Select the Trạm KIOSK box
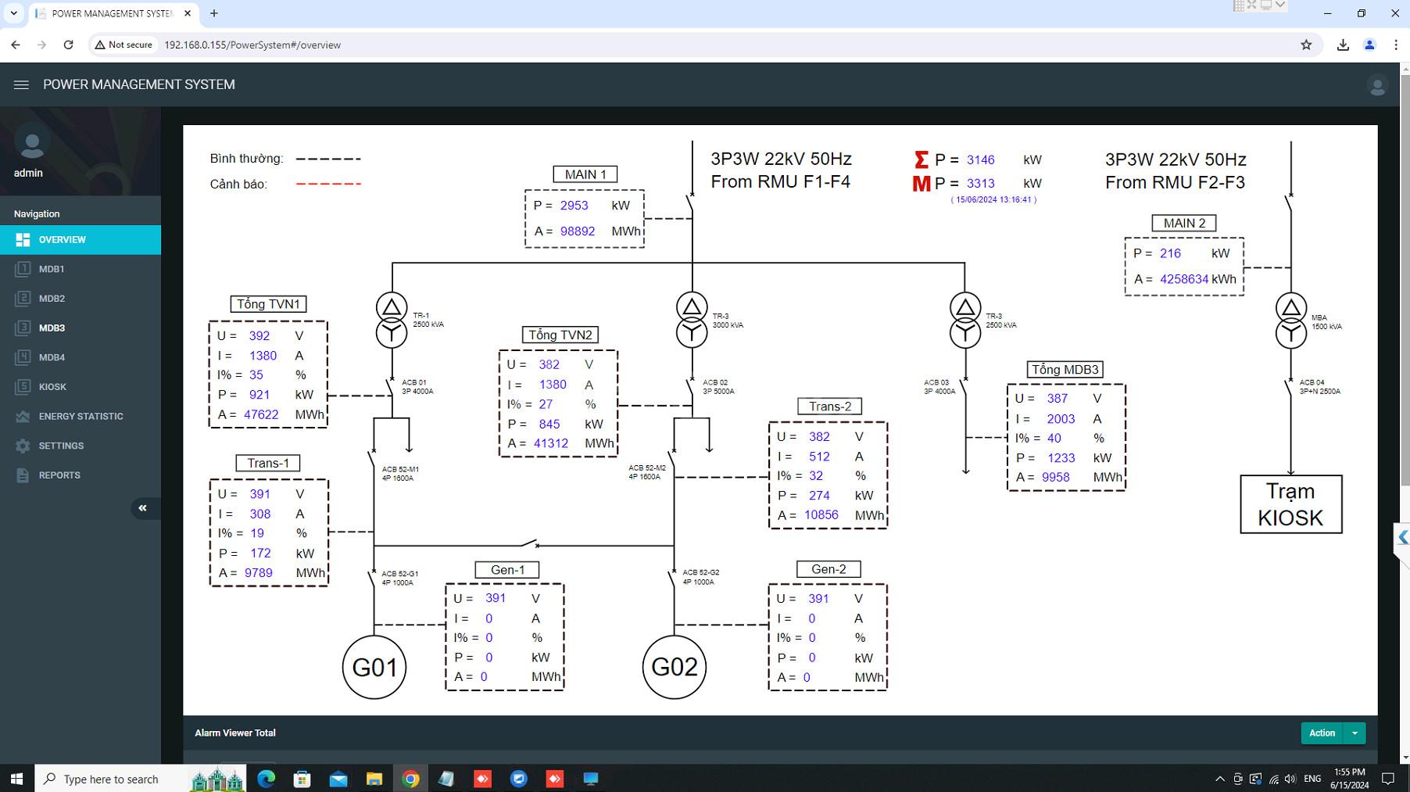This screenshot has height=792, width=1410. point(1290,504)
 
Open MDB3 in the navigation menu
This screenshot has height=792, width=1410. point(52,328)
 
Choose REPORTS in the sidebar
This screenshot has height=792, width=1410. point(59,475)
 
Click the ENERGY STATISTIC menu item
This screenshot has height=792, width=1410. point(81,416)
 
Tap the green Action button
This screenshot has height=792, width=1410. point(1322,733)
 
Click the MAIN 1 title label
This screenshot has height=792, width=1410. point(585,174)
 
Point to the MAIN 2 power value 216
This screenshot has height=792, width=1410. point(1170,253)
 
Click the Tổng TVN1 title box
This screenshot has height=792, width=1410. point(268,304)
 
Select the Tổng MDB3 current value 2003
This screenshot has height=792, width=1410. point(1061,419)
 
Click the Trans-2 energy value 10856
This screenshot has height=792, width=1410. point(821,515)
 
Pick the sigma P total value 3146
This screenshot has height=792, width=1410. point(980,159)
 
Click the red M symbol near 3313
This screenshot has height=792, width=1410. point(922,184)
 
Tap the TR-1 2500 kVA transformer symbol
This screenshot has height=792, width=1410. point(392,320)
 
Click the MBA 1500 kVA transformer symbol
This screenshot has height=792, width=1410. point(1290,321)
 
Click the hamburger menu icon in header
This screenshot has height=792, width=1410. point(21,84)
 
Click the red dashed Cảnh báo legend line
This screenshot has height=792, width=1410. point(328,184)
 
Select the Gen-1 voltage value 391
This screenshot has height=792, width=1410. point(496,598)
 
